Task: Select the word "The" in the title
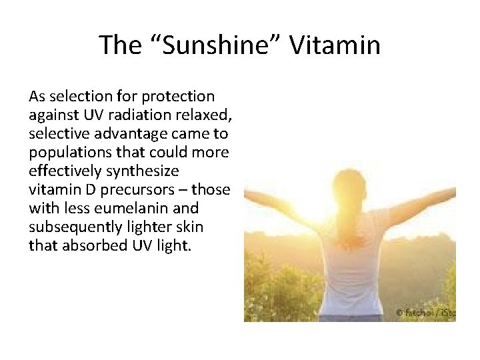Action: [121, 45]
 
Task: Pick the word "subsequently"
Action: [75, 227]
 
